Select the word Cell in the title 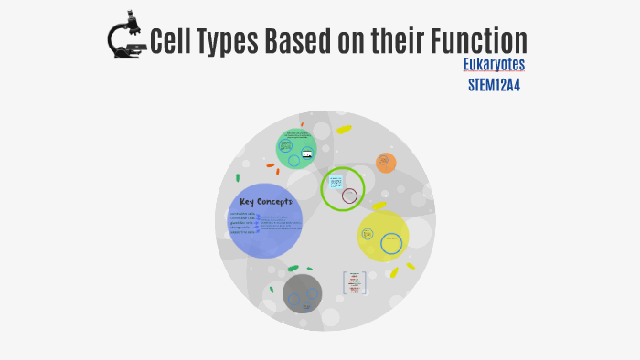[x=169, y=40]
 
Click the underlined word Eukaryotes [x=494, y=66]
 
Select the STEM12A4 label [x=494, y=85]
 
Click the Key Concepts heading [x=266, y=202]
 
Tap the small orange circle [x=387, y=164]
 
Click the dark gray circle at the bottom [x=302, y=293]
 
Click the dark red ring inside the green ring [x=349, y=196]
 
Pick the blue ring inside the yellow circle [x=391, y=243]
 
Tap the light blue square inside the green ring [x=336, y=182]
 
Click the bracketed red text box [x=355, y=283]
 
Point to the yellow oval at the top [x=344, y=130]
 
